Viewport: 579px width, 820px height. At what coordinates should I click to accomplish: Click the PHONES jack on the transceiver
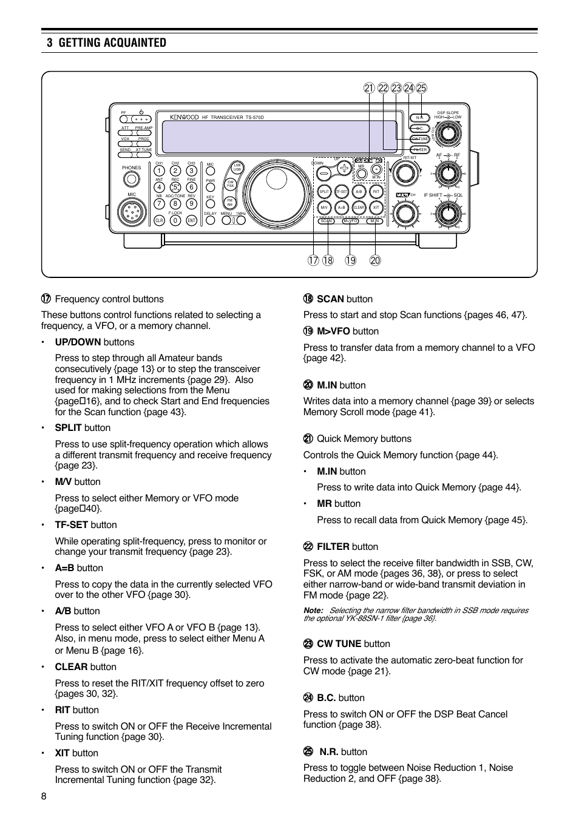click(x=131, y=179)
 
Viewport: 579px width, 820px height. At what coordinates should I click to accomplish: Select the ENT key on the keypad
click(x=191, y=221)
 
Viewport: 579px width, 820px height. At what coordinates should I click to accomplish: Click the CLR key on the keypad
click(x=159, y=221)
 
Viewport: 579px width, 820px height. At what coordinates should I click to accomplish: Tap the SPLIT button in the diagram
click(x=324, y=192)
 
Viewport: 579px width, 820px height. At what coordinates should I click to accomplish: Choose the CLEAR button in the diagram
click(x=359, y=208)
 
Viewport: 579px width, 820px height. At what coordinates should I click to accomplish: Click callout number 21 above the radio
click(x=369, y=88)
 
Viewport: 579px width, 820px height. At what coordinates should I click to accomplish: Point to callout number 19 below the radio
click(x=351, y=260)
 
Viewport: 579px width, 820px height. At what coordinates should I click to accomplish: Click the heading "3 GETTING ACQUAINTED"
click(x=106, y=42)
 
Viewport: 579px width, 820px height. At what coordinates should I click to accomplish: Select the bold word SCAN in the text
click(x=330, y=299)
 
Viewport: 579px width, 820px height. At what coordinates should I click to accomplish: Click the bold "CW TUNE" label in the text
click(x=339, y=643)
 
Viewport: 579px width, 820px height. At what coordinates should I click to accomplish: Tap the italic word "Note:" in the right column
click(x=313, y=611)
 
